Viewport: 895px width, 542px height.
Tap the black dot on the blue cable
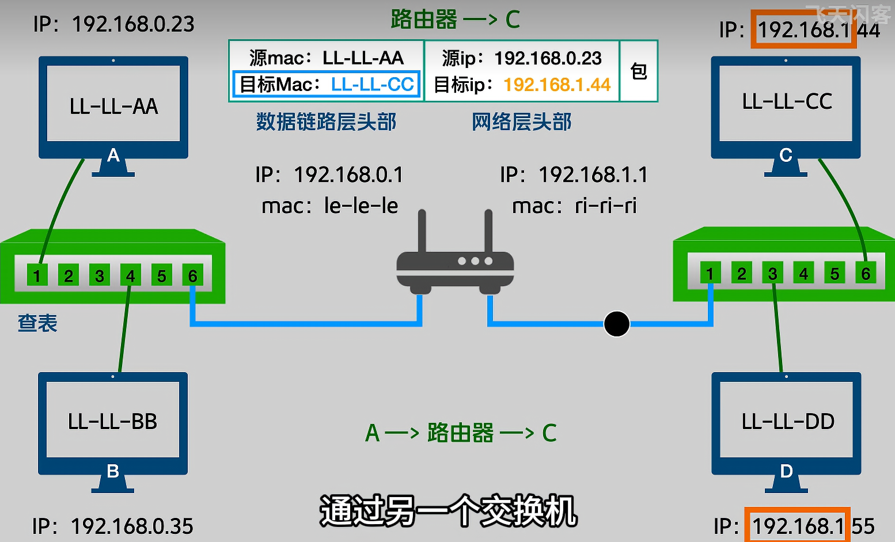tap(616, 324)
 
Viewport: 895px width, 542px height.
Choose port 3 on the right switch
tap(772, 274)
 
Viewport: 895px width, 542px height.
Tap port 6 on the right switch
tap(865, 274)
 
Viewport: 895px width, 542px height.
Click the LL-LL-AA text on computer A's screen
tap(113, 107)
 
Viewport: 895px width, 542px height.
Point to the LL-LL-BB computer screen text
tap(112, 422)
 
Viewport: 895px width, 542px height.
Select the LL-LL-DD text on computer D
tap(787, 422)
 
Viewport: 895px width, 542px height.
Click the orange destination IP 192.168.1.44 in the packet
tap(556, 85)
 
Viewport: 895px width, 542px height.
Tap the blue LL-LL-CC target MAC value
tap(372, 85)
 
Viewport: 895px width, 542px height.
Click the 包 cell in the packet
tap(639, 71)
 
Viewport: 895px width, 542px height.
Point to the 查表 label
tap(37, 323)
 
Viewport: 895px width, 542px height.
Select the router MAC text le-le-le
tap(361, 206)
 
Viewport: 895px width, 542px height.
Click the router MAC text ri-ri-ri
tap(605, 206)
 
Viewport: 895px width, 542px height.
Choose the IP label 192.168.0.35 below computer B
tap(132, 526)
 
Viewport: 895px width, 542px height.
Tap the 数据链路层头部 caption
tap(326, 122)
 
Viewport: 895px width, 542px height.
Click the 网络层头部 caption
tap(521, 122)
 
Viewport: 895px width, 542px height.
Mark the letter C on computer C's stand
tap(786, 155)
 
